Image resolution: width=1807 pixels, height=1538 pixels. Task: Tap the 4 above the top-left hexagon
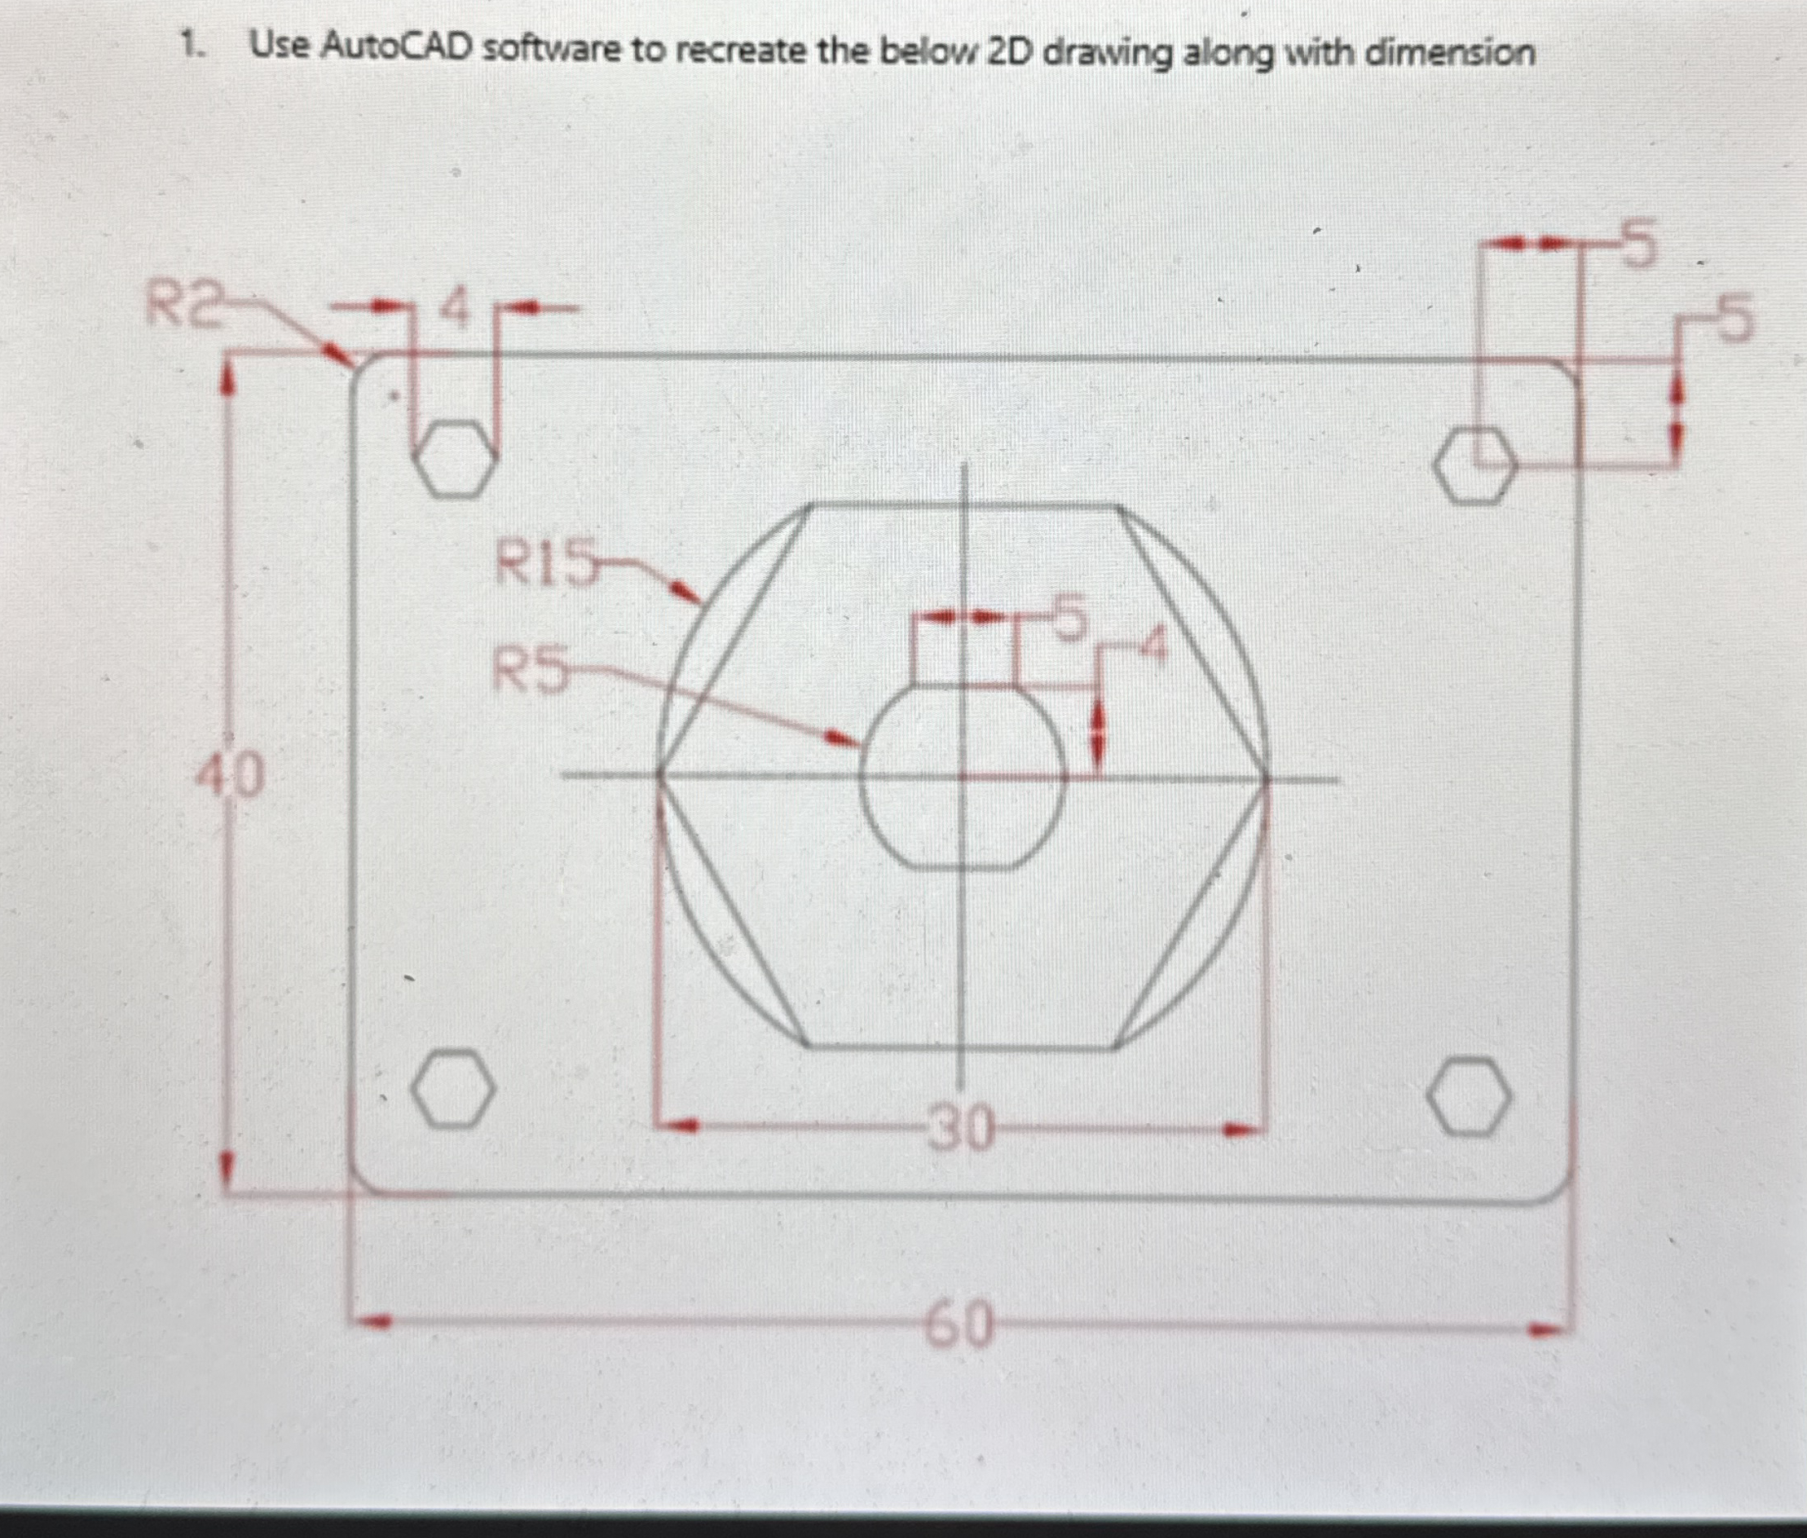(455, 309)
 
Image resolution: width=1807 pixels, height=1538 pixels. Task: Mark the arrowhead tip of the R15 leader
(700, 602)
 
